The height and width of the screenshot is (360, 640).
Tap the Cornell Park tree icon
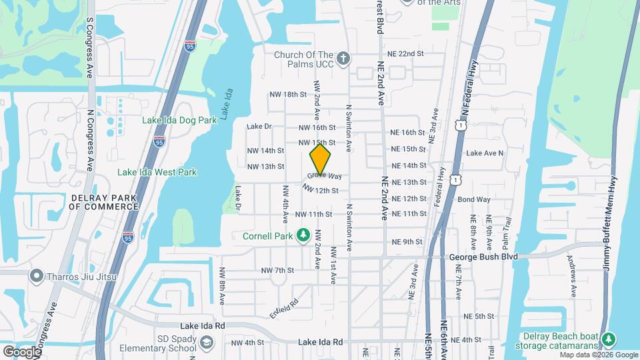pyautogui.click(x=304, y=235)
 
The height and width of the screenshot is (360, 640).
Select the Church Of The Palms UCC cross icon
pyautogui.click(x=343, y=59)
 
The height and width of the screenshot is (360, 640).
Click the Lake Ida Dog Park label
pyautogui.click(x=179, y=121)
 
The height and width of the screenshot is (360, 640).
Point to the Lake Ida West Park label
pyautogui.click(x=157, y=173)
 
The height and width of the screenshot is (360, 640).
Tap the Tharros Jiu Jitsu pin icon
pyautogui.click(x=36, y=276)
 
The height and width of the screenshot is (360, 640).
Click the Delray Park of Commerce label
pyautogui.click(x=103, y=202)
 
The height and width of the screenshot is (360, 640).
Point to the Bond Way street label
pyautogui.click(x=474, y=199)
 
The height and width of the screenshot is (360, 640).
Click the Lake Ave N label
pyautogui.click(x=485, y=153)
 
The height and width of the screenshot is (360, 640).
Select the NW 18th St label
pyautogui.click(x=287, y=95)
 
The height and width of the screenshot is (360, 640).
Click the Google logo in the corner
pyautogui.click(x=21, y=351)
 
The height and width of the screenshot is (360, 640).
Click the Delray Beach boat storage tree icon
pyautogui.click(x=607, y=340)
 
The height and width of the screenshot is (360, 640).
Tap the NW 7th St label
pyautogui.click(x=277, y=270)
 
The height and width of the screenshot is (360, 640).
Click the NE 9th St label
pyautogui.click(x=408, y=241)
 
